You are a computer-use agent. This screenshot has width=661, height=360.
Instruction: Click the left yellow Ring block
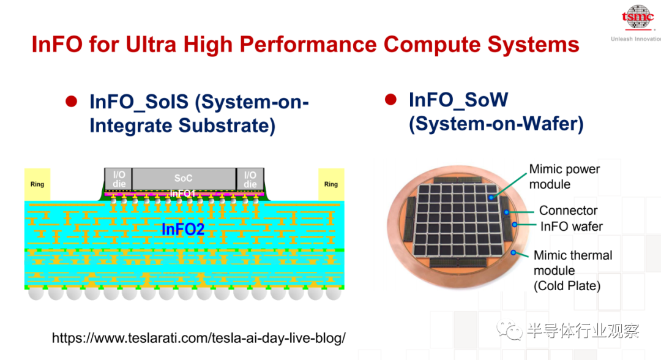(x=37, y=184)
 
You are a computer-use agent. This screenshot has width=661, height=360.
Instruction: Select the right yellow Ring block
(x=331, y=184)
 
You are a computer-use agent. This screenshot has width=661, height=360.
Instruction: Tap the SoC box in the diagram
(x=184, y=179)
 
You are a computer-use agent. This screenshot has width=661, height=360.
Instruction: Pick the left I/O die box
(x=119, y=179)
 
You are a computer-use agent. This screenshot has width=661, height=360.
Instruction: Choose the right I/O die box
(x=250, y=179)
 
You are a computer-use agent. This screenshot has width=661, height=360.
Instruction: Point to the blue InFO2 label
(x=183, y=230)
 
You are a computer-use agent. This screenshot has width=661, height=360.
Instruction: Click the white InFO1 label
(x=182, y=193)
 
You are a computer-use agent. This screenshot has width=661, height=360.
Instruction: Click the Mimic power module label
(x=564, y=176)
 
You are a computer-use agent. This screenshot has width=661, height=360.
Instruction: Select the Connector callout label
(x=568, y=211)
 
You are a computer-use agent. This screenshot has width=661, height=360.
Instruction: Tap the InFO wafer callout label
(x=571, y=227)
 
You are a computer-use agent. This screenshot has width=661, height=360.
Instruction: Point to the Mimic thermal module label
(x=572, y=270)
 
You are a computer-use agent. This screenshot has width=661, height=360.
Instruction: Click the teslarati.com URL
(x=198, y=338)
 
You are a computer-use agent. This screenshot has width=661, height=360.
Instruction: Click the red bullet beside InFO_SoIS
(x=71, y=102)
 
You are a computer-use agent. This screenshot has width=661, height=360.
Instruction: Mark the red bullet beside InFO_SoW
(x=390, y=99)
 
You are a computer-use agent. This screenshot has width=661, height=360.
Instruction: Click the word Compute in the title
(x=431, y=44)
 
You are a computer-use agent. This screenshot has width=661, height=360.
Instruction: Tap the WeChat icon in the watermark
(x=509, y=331)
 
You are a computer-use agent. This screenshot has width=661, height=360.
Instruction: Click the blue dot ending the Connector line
(x=507, y=212)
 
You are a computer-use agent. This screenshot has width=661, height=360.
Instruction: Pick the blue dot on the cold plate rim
(x=513, y=252)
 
